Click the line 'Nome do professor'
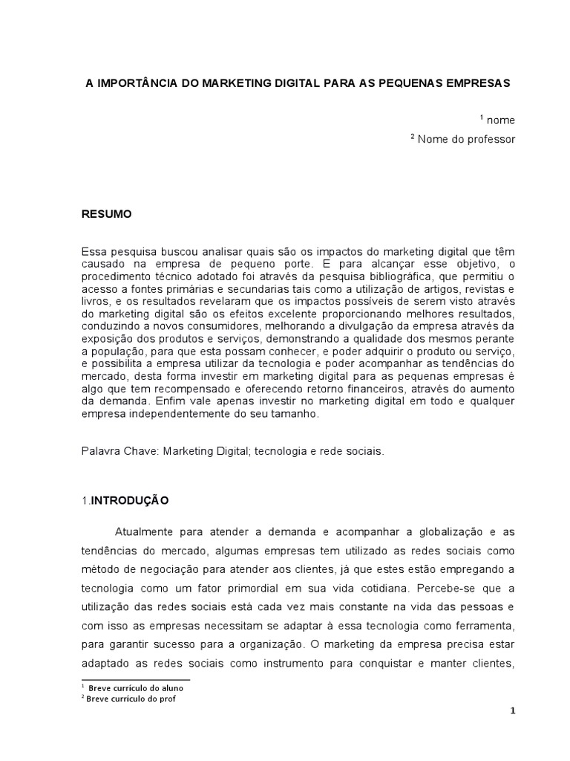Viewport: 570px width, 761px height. (x=466, y=139)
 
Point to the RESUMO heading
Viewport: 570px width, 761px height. (x=106, y=213)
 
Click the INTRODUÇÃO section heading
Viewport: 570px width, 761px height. (x=129, y=501)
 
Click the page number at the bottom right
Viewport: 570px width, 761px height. (x=512, y=710)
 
